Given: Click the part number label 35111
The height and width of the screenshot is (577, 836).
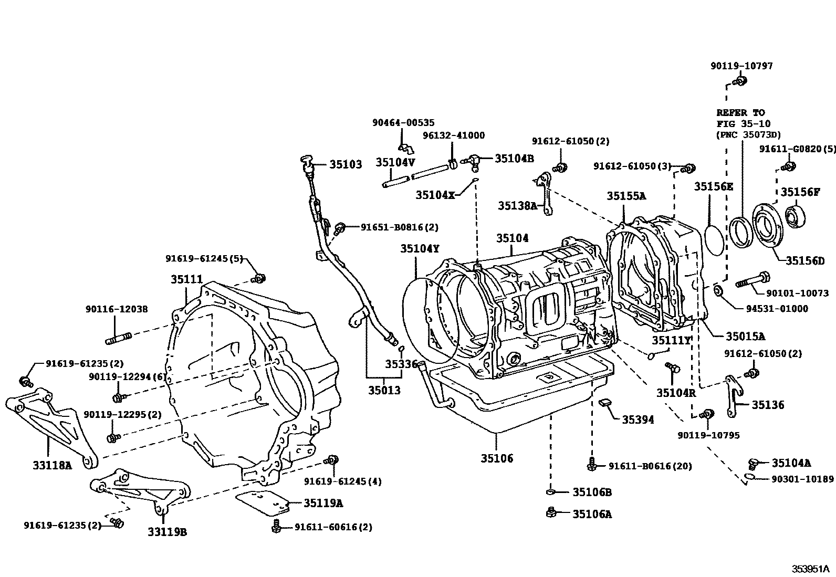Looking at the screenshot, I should click(x=186, y=280).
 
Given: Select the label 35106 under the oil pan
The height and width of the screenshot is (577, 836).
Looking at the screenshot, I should click(x=496, y=458).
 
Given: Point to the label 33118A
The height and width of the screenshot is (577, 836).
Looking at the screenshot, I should click(x=51, y=465).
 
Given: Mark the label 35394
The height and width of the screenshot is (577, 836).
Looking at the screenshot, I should click(x=638, y=419).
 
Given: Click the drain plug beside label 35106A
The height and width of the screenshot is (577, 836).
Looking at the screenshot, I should click(x=551, y=512).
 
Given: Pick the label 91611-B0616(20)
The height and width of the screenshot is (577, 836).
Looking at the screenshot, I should click(x=650, y=466).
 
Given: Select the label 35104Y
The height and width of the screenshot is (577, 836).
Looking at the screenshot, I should click(x=419, y=248).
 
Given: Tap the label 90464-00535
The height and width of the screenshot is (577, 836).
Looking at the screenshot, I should click(x=403, y=123).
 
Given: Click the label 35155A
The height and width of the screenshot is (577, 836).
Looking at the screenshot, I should click(x=626, y=196).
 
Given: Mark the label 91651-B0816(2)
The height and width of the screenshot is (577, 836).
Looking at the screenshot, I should click(x=399, y=227).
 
